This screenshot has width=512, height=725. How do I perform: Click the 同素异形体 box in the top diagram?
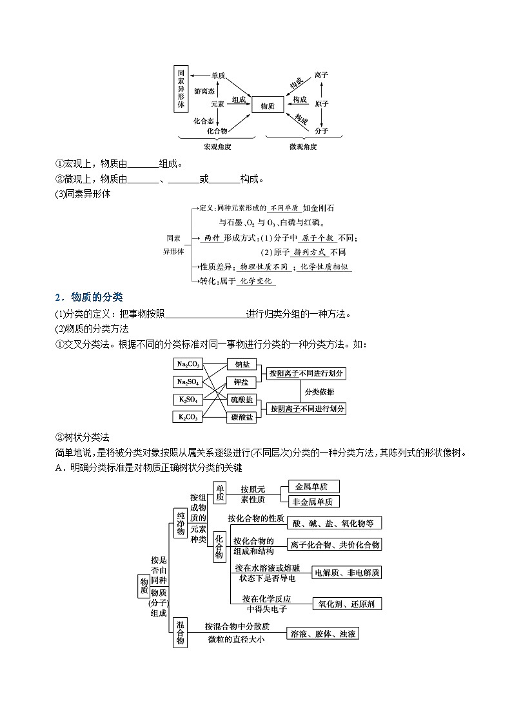(x=181, y=89)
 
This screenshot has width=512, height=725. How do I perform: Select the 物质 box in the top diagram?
(x=268, y=105)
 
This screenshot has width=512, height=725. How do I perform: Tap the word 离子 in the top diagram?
(x=322, y=76)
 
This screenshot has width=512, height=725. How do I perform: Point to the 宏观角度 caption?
(x=217, y=147)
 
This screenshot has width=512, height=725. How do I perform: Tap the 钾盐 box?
(x=242, y=382)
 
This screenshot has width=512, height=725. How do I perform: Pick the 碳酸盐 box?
(x=242, y=418)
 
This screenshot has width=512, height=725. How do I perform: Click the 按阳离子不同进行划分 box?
(x=306, y=373)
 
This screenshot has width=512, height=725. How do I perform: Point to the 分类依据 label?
(x=319, y=391)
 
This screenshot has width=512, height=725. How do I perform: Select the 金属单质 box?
(x=313, y=486)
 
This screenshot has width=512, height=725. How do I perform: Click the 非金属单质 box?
(x=313, y=501)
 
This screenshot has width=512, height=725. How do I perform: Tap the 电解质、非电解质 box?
(x=346, y=572)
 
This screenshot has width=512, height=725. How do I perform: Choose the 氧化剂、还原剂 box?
(x=346, y=604)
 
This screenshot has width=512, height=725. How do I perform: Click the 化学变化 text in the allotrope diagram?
(x=256, y=281)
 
